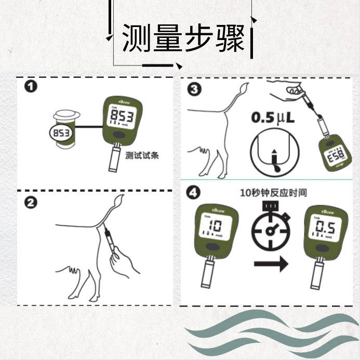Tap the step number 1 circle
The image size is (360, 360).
[32, 87]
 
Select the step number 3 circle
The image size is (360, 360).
[194, 89]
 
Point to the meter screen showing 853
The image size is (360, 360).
[120, 117]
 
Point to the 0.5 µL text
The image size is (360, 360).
[273, 118]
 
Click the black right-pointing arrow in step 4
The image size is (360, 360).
[271, 265]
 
